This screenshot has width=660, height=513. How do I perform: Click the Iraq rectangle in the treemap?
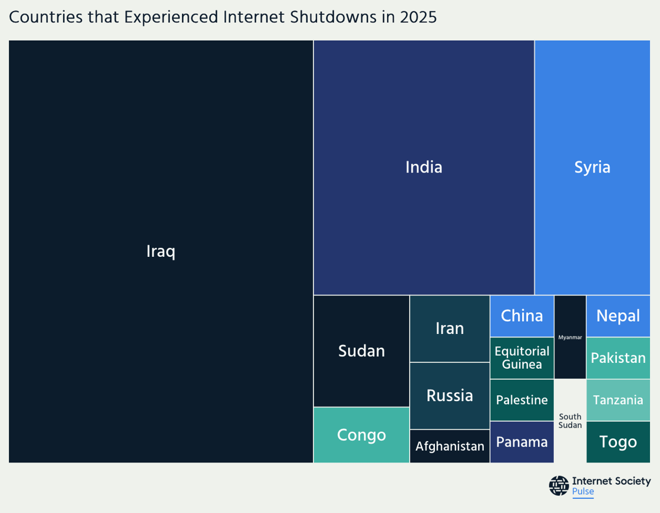tap(161, 251)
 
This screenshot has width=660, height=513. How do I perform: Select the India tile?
tap(424, 167)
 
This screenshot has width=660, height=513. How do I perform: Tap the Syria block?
tap(592, 167)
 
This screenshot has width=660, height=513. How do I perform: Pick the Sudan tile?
tap(361, 351)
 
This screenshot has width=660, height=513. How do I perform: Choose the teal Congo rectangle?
tap(361, 435)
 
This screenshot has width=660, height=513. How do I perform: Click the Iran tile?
tap(450, 328)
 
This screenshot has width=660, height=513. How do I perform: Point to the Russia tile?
tap(450, 395)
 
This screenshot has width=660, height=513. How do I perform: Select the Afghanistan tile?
tap(450, 446)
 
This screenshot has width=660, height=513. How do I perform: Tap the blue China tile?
tap(522, 316)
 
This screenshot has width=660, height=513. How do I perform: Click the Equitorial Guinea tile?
tap(522, 358)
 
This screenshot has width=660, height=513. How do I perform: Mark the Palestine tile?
tap(522, 400)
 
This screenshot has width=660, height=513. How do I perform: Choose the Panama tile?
tap(522, 442)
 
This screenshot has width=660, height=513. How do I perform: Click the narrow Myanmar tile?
tap(570, 337)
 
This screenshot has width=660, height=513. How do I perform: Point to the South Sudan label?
tap(570, 421)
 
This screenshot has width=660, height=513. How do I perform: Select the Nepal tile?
tap(618, 316)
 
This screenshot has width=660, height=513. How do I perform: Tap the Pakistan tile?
tap(618, 358)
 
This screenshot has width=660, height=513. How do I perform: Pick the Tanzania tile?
tap(618, 400)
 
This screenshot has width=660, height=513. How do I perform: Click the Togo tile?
tap(618, 442)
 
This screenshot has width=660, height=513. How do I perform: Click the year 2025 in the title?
tap(418, 17)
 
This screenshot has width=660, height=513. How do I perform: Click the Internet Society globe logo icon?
tap(559, 485)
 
